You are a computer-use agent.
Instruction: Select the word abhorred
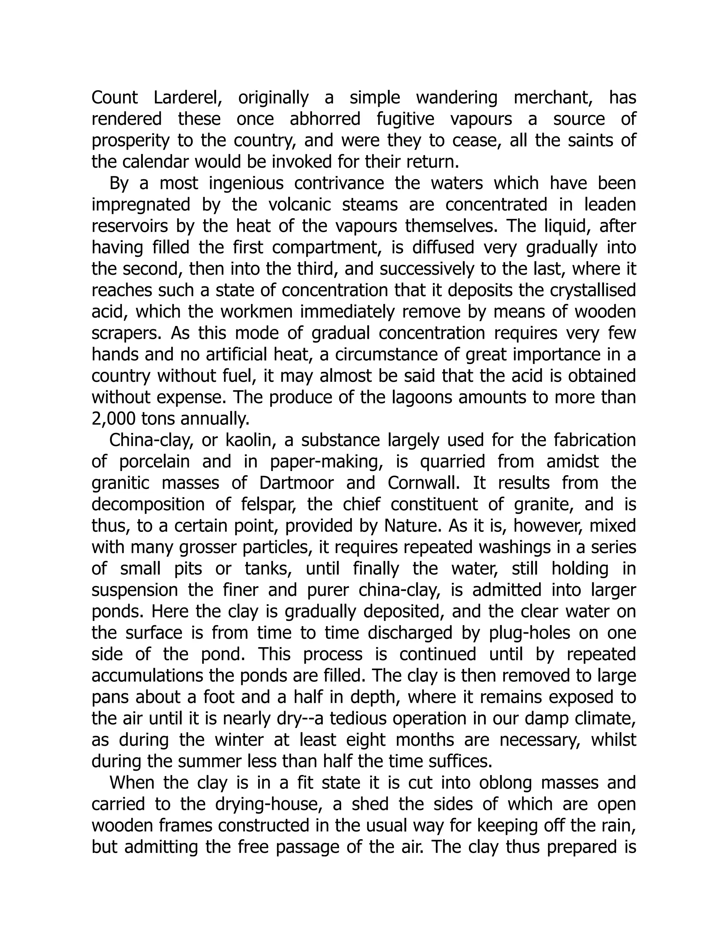(325, 119)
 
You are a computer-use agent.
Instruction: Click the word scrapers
(128, 333)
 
